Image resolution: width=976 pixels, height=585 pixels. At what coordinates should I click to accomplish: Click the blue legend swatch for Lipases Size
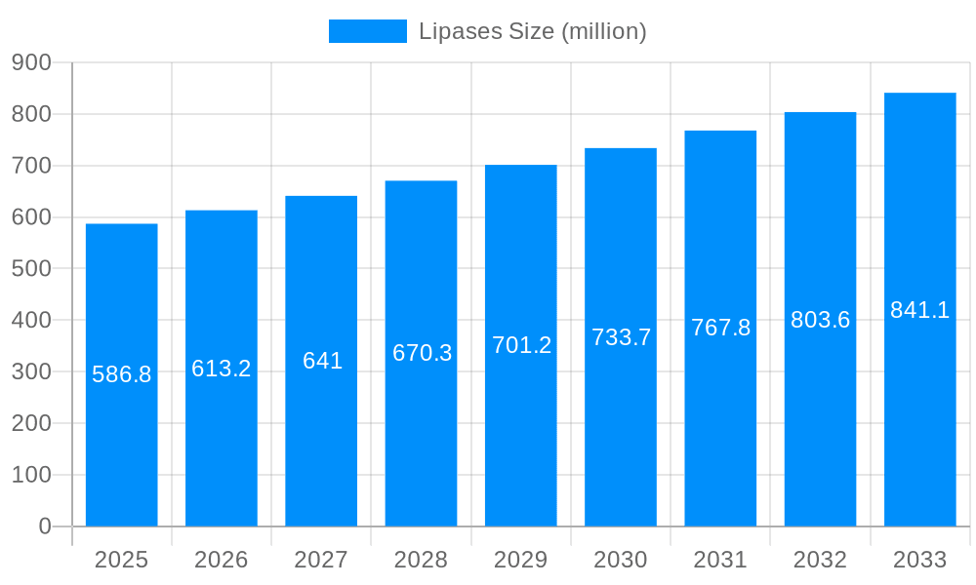pyautogui.click(x=367, y=31)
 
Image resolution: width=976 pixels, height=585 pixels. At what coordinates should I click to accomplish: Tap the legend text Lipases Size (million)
pyautogui.click(x=532, y=31)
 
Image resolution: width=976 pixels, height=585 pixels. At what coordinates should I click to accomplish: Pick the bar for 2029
pyautogui.click(x=521, y=439)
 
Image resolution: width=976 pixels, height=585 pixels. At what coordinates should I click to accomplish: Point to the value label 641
pyautogui.click(x=322, y=361)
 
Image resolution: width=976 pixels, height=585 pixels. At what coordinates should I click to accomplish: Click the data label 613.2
pyautogui.click(x=222, y=369)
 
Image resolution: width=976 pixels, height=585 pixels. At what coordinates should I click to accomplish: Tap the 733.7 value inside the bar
pyautogui.click(x=622, y=337)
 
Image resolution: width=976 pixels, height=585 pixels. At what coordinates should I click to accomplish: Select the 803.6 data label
pyautogui.click(x=820, y=320)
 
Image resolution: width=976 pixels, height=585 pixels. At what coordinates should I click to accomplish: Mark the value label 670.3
pyautogui.click(x=422, y=353)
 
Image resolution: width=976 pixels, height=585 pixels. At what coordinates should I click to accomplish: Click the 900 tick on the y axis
pyautogui.click(x=31, y=62)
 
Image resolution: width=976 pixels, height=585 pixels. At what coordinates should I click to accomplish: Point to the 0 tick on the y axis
pyautogui.click(x=45, y=526)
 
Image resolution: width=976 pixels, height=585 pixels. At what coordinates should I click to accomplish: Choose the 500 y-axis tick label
pyautogui.click(x=31, y=268)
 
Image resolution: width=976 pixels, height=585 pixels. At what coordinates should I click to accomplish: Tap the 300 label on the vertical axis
pyautogui.click(x=31, y=371)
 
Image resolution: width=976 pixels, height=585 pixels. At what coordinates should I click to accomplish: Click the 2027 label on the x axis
pyautogui.click(x=321, y=560)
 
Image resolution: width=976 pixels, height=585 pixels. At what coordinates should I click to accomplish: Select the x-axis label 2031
pyautogui.click(x=720, y=560)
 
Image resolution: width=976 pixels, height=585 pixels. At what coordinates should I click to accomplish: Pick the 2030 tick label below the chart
pyautogui.click(x=621, y=560)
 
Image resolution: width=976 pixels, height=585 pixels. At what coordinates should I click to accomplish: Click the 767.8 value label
pyautogui.click(x=720, y=328)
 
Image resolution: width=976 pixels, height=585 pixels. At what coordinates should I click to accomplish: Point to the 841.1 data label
pyautogui.click(x=919, y=310)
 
